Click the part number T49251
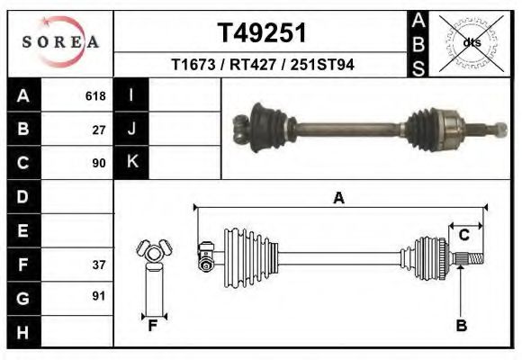263,33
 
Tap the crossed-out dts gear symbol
469,41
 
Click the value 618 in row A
95,96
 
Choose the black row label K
131,162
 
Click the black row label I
131,95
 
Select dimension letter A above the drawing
338,198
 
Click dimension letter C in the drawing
463,235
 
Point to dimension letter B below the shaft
461,326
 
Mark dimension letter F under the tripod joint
153,327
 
